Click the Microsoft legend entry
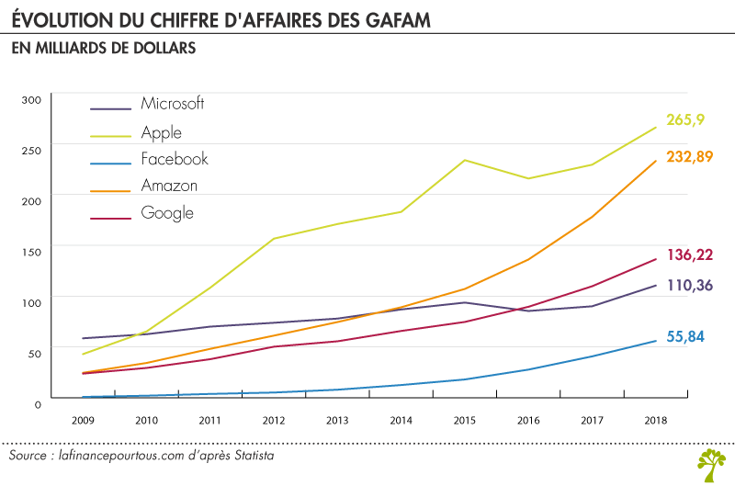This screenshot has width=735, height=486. (x=173, y=103)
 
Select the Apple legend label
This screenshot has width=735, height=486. (x=162, y=132)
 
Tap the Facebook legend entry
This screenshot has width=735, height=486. (x=175, y=159)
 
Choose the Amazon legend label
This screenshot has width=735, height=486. (x=169, y=186)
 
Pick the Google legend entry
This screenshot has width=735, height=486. (x=167, y=213)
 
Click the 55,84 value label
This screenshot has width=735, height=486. (x=684, y=337)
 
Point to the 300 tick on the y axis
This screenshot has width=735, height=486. (x=31, y=100)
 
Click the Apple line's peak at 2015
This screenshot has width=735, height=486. (x=465, y=160)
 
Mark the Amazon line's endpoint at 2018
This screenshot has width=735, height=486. (x=656, y=161)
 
